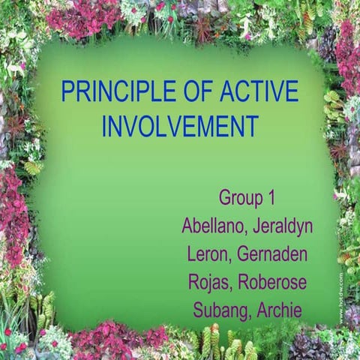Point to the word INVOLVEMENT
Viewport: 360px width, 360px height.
coord(180,126)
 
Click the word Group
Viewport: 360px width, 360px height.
coord(239,198)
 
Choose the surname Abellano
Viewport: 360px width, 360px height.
coord(214,226)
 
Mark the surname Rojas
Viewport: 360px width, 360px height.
coord(208,281)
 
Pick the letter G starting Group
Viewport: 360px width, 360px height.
coord(225,198)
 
